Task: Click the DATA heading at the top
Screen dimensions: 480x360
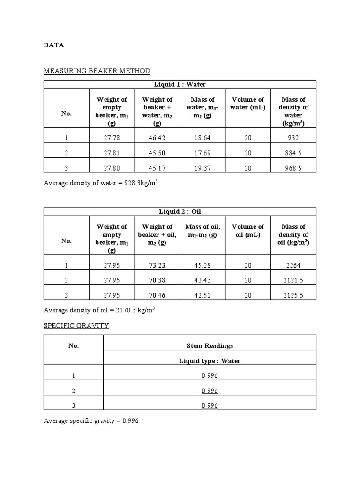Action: pyautogui.click(x=54, y=45)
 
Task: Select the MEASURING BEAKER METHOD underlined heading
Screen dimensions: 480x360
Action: pyautogui.click(x=97, y=71)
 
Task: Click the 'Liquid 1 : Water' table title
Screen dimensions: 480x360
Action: pyautogui.click(x=180, y=84)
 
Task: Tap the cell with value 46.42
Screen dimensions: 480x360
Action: pyautogui.click(x=157, y=138)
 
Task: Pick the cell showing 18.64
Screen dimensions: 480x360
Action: pyautogui.click(x=202, y=138)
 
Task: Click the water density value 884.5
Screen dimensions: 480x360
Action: pyautogui.click(x=293, y=153)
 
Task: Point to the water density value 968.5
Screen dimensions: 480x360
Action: pyautogui.click(x=293, y=167)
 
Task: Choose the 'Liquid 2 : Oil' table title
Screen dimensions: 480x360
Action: pyautogui.click(x=180, y=212)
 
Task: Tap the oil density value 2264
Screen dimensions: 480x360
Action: pyautogui.click(x=293, y=265)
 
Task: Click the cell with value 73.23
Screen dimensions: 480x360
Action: pyautogui.click(x=157, y=265)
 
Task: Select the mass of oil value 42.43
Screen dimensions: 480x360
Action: pyautogui.click(x=202, y=280)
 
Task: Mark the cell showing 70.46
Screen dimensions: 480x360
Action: pyautogui.click(x=157, y=295)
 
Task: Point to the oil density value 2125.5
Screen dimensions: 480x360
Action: pyautogui.click(x=293, y=295)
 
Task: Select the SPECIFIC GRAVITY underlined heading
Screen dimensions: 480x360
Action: pyautogui.click(x=76, y=325)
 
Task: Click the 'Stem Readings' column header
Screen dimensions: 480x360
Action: pyautogui.click(x=209, y=346)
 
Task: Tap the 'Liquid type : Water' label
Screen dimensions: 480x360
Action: pyautogui.click(x=209, y=361)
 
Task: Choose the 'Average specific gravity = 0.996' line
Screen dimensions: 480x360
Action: pyautogui.click(x=91, y=421)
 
